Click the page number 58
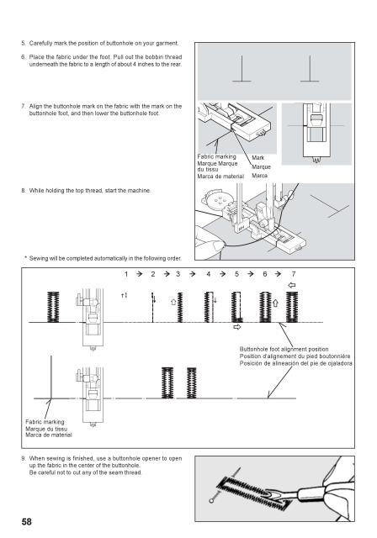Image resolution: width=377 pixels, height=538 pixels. (28, 521)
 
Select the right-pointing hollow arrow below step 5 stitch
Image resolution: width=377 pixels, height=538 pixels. (237, 327)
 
